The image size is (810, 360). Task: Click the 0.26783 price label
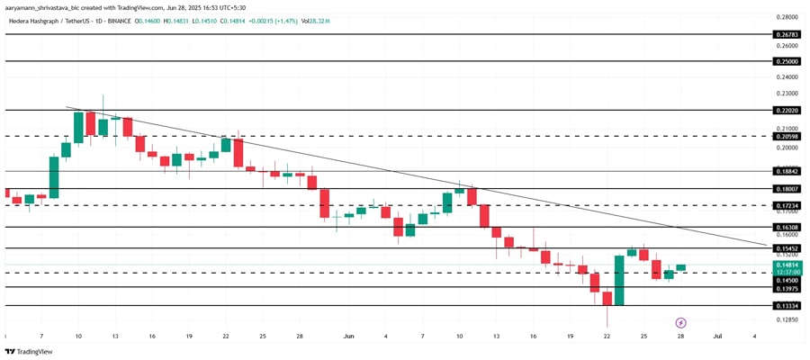(787, 34)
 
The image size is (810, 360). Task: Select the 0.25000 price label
(787, 61)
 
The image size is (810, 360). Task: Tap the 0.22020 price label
(787, 111)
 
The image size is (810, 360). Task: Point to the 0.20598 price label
(787, 137)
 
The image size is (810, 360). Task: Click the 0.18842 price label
(787, 170)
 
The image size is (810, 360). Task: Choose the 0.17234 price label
(787, 205)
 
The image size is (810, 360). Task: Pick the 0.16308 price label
(787, 228)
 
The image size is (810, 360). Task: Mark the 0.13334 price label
(787, 306)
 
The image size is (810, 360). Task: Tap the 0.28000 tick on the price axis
(787, 16)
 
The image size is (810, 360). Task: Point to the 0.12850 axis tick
(787, 319)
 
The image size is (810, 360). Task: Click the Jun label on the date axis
(348, 336)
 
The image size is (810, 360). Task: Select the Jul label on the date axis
(717, 336)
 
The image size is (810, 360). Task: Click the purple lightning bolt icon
(681, 322)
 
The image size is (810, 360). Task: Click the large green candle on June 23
(619, 281)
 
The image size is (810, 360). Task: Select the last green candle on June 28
(681, 267)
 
